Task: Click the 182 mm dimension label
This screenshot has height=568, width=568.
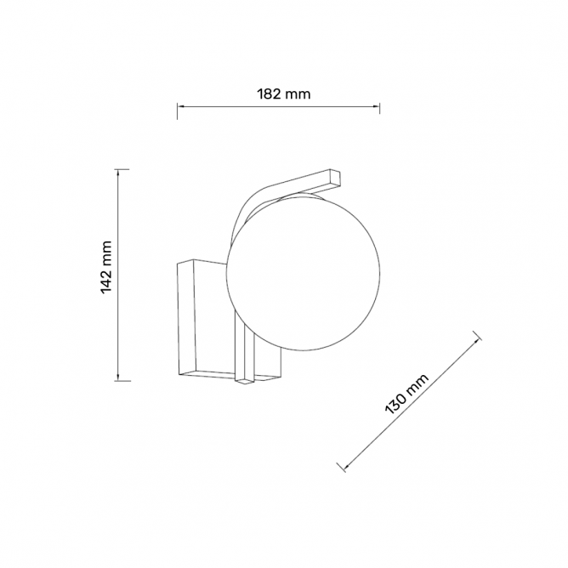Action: pos(284,94)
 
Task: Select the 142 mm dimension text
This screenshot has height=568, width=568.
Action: pos(106,267)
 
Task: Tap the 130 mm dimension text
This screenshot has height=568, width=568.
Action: pos(406,394)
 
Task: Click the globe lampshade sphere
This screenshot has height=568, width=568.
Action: pos(303,274)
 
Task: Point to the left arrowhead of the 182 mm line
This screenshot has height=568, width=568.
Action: pos(181,106)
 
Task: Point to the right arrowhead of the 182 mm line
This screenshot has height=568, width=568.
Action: pos(375,106)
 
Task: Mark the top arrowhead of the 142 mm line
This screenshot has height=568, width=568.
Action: pos(117,173)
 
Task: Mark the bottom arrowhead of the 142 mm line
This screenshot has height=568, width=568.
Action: pos(117,377)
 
